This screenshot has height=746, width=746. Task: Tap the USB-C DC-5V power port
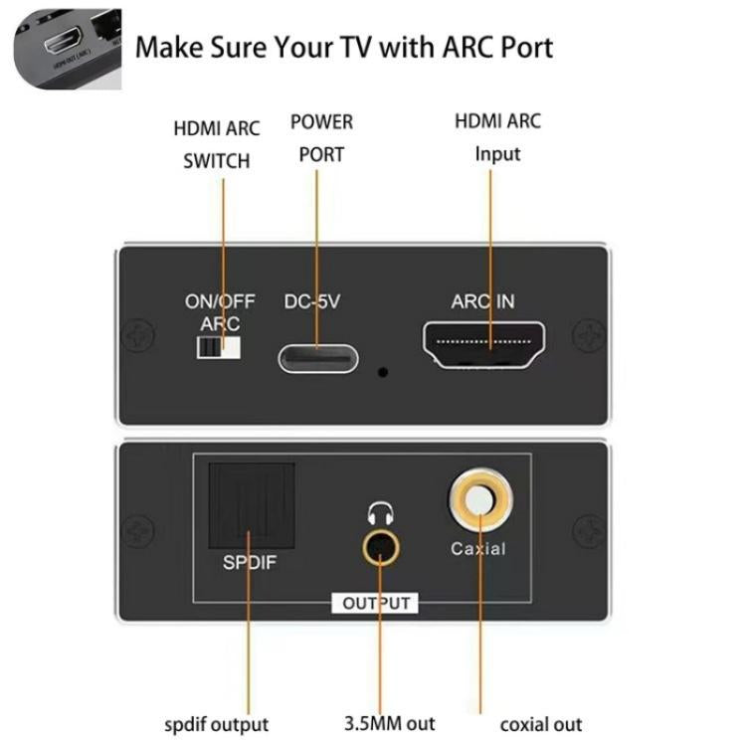click(x=317, y=356)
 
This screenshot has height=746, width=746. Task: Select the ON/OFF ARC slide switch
click(x=220, y=349)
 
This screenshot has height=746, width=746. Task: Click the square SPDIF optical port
click(x=250, y=507)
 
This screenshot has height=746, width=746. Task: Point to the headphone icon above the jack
click(x=379, y=514)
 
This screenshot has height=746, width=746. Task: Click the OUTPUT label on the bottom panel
click(x=375, y=603)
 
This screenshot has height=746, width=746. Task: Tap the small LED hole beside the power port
click(x=383, y=373)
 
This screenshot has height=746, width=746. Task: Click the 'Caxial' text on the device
click(x=478, y=548)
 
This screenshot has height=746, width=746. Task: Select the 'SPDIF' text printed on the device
click(x=250, y=563)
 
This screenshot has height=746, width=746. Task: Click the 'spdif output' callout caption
click(x=216, y=724)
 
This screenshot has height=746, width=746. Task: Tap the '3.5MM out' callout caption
click(x=389, y=723)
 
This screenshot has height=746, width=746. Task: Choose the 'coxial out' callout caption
click(x=540, y=724)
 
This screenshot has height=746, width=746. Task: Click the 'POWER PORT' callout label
click(x=321, y=138)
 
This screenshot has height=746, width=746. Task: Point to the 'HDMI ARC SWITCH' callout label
click(x=216, y=144)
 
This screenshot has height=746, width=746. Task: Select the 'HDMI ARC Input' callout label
click(x=497, y=137)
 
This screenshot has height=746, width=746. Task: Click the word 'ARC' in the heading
click(x=430, y=47)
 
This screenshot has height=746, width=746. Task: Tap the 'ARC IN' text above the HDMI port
click(x=482, y=301)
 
